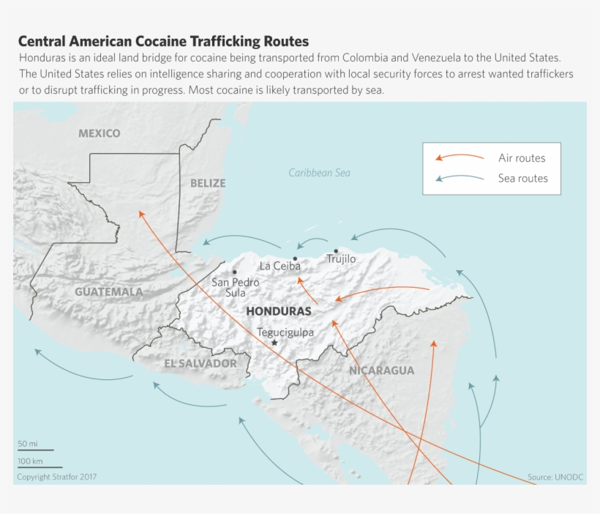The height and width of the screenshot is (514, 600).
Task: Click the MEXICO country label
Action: [100, 133]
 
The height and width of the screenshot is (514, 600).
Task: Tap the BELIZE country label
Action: [208, 183]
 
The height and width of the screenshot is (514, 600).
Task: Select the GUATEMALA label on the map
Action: [109, 291]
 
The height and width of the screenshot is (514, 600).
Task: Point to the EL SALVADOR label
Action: [200, 363]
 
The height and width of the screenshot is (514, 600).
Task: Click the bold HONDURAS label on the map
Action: [279, 311]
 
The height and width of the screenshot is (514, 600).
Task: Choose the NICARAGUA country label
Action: [381, 370]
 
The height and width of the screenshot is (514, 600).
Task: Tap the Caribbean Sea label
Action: [319, 173]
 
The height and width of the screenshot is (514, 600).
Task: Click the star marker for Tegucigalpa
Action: [274, 343]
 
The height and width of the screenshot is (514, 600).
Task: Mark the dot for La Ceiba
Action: [295, 258]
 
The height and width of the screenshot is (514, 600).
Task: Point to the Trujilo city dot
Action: [336, 251]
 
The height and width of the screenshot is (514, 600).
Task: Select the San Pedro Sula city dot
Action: [234, 272]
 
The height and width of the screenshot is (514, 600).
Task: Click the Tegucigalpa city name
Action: [285, 332]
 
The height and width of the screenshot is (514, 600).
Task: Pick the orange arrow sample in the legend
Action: [460, 157]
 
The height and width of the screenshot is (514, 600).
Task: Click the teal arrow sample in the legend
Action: [460, 178]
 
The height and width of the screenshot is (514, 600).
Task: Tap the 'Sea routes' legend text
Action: [522, 178]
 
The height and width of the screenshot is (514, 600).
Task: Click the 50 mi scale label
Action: [28, 444]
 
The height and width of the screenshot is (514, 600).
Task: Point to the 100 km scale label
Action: [31, 461]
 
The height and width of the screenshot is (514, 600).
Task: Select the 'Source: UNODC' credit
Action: [555, 477]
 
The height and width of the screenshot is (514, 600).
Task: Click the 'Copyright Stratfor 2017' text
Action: [57, 477]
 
